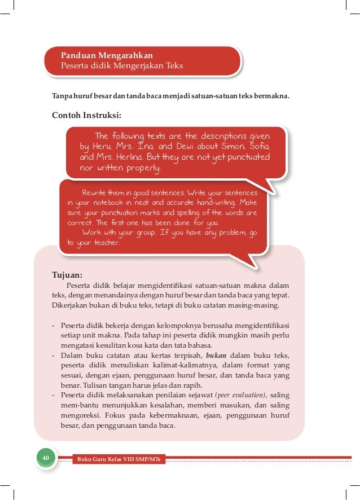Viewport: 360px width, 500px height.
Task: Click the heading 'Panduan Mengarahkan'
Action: tap(107, 55)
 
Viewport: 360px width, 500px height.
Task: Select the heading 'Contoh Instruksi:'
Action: tap(86, 116)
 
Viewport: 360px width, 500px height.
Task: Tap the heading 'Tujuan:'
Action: tap(67, 275)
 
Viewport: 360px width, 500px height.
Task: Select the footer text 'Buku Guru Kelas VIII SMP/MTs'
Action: tap(118, 459)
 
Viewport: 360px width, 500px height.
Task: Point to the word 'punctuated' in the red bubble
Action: tap(244, 157)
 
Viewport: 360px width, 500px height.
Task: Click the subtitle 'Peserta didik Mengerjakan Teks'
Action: tap(122, 65)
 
